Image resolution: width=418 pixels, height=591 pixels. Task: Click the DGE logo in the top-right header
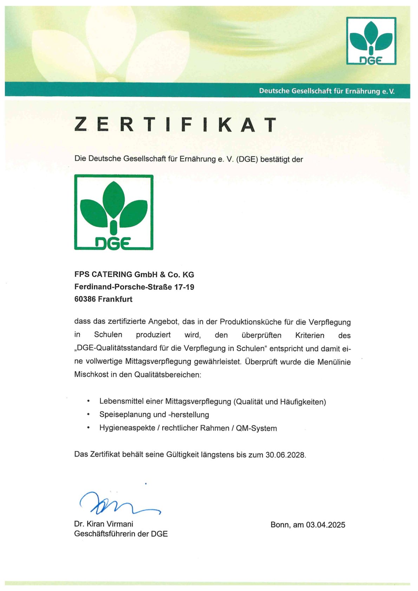371,41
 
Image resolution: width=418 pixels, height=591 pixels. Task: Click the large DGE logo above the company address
113,212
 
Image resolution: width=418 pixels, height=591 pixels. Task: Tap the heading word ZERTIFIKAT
176,124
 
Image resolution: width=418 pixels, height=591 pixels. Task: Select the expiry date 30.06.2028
285,455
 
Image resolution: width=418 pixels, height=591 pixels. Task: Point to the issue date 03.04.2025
325,525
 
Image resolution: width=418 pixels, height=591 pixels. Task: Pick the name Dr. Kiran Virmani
104,524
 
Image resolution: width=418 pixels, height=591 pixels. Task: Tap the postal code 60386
85,299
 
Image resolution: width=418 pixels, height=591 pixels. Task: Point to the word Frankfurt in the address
115,299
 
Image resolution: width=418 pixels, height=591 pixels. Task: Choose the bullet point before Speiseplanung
89,415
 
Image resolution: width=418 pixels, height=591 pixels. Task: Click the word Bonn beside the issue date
280,525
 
